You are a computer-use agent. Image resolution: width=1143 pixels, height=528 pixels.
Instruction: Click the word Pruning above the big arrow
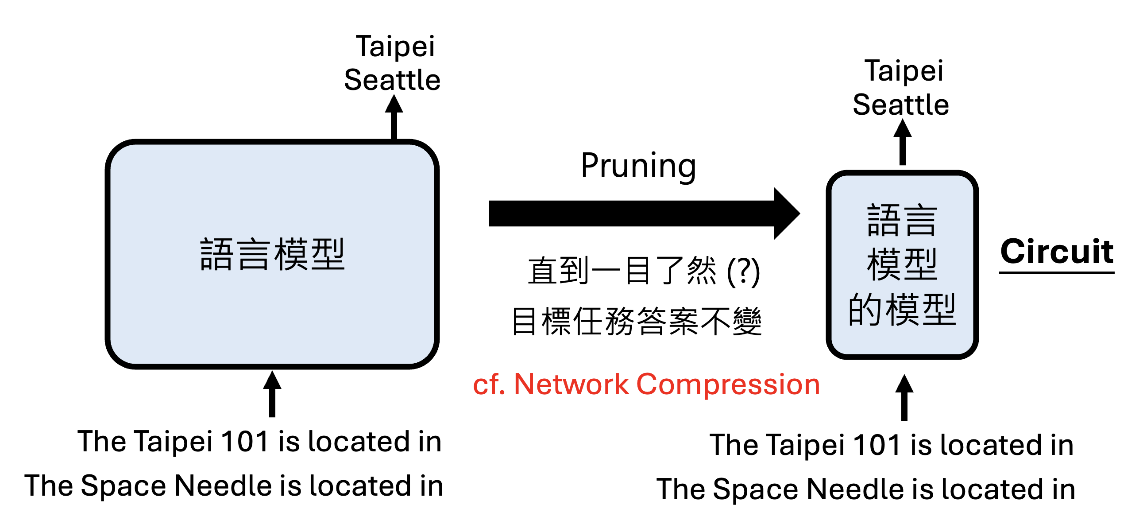click(638, 166)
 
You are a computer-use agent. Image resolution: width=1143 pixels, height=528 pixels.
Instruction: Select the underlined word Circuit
click(1057, 251)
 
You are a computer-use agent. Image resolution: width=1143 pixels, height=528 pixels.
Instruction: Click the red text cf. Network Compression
click(646, 384)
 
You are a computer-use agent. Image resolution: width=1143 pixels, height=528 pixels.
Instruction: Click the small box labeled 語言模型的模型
click(902, 265)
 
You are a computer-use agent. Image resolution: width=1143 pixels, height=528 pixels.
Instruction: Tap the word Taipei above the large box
click(395, 46)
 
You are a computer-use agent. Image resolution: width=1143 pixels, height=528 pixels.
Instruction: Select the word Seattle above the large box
click(392, 80)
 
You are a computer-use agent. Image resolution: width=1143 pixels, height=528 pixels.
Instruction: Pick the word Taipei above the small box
click(904, 70)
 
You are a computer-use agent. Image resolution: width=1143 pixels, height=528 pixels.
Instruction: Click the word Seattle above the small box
click(901, 105)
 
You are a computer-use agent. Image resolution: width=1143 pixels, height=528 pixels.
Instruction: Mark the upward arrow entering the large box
click(272, 393)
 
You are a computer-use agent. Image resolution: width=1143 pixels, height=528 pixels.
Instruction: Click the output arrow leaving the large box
click(394, 117)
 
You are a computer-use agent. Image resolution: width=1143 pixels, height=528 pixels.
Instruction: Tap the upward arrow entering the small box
click(904, 397)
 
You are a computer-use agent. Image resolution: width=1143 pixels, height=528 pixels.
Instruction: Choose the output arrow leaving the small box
click(902, 142)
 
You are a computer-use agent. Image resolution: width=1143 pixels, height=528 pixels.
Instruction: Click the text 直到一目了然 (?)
click(643, 271)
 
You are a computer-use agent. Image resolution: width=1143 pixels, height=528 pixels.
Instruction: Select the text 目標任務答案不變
click(637, 321)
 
